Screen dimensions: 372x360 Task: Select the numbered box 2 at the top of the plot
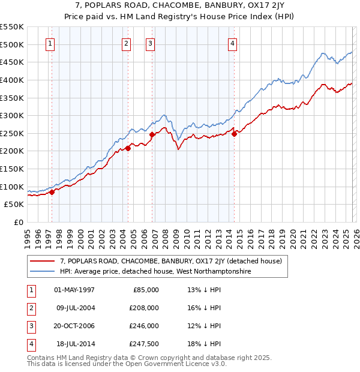[x=126, y=43]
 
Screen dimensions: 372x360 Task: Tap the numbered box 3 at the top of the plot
[x=150, y=43]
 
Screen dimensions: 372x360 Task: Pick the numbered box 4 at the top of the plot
[x=232, y=43]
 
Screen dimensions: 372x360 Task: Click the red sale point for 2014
[x=234, y=134]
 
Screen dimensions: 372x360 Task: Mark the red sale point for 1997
[x=52, y=192]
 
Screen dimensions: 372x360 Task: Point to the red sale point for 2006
[x=152, y=135]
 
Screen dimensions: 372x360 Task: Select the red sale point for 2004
[x=128, y=148]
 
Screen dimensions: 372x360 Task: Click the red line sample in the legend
[x=43, y=261]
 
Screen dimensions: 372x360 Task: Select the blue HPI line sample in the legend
[x=43, y=271]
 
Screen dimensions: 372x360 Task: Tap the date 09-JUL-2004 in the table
[x=74, y=307]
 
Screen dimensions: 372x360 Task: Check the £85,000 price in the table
[x=146, y=289]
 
